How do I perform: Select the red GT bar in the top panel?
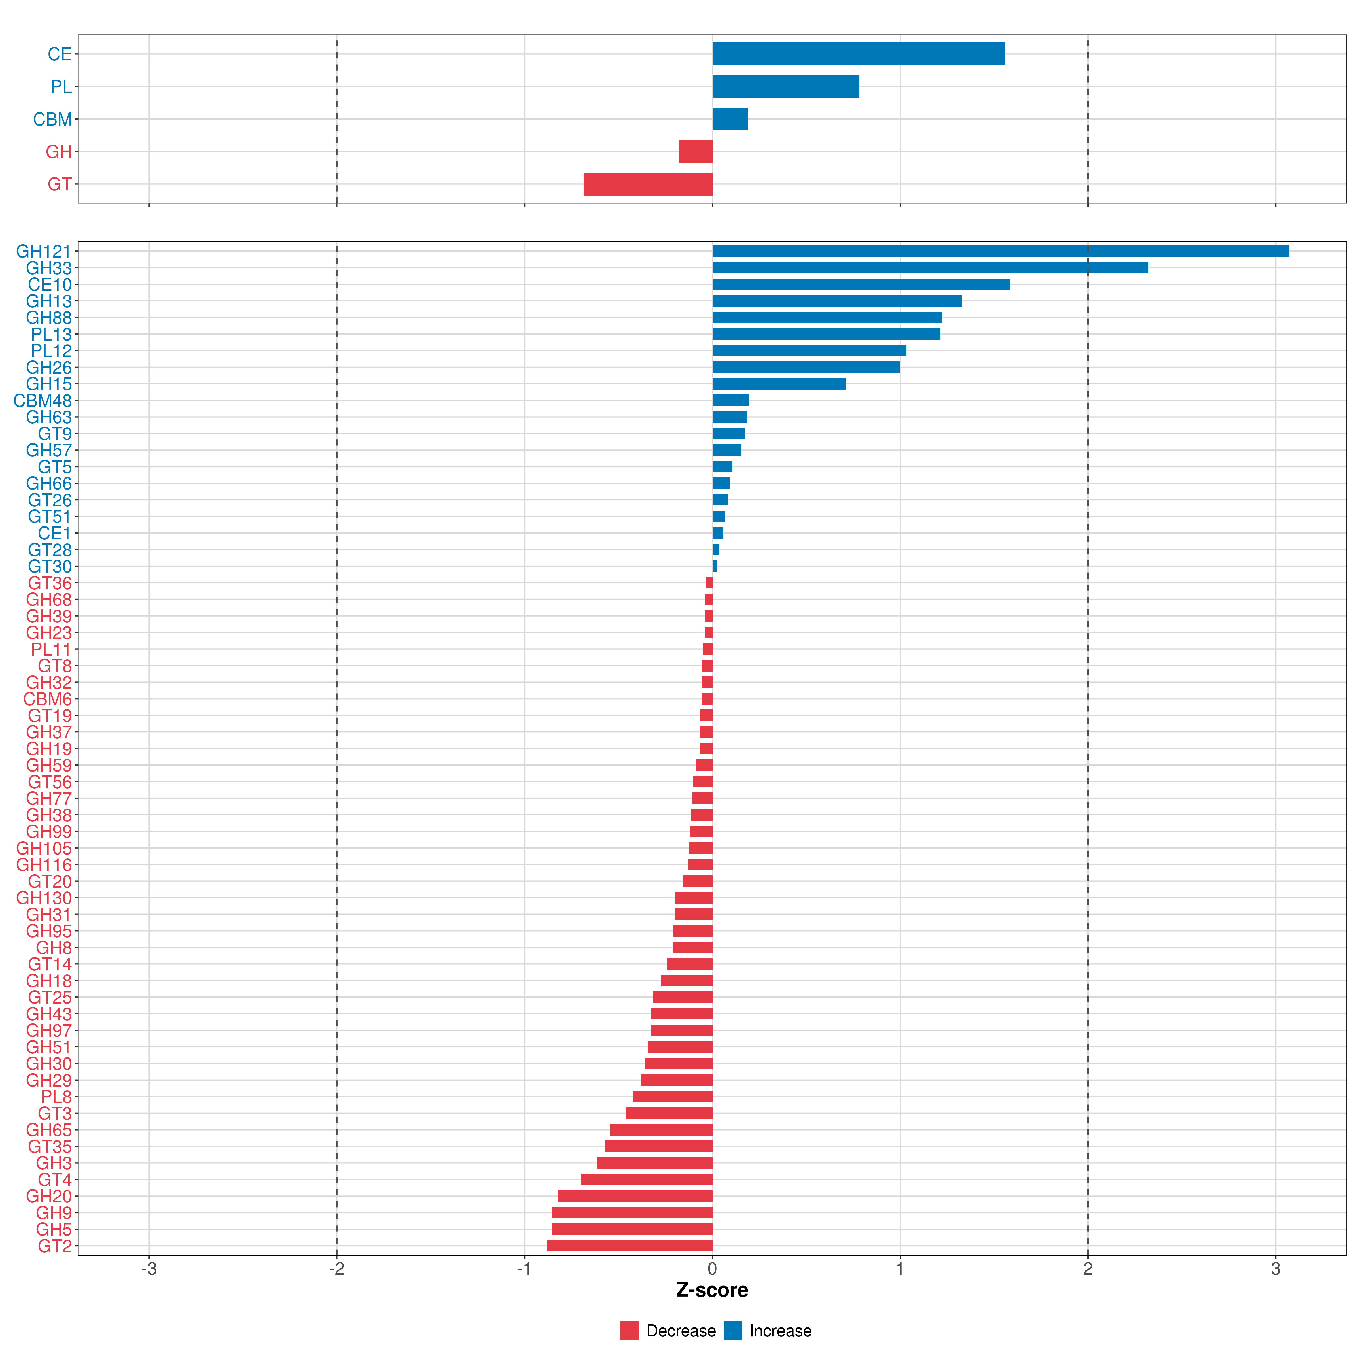click(648, 184)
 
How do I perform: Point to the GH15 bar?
click(779, 384)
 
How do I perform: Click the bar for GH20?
click(635, 1196)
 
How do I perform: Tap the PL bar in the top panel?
click(786, 87)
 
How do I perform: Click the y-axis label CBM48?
click(42, 401)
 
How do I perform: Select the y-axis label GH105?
click(44, 848)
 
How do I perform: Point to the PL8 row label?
click(56, 1097)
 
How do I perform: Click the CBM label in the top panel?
click(52, 119)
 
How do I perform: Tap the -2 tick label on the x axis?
click(337, 1269)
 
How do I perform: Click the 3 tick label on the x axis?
click(1276, 1269)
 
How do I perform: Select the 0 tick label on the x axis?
click(712, 1269)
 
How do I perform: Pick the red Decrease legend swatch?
click(629, 1331)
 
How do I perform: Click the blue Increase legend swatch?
click(733, 1331)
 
